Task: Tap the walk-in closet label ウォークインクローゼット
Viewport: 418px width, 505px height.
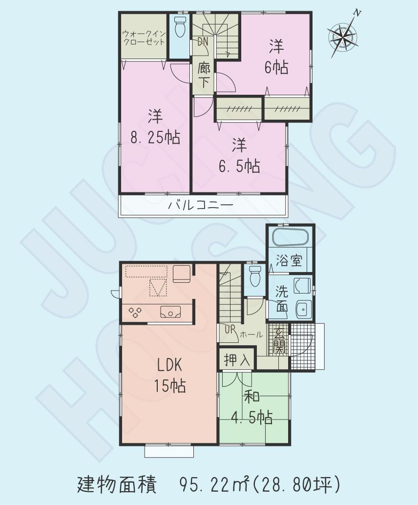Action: click(144, 38)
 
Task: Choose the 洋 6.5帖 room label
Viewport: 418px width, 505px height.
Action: click(238, 156)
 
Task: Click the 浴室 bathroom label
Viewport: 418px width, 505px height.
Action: click(290, 262)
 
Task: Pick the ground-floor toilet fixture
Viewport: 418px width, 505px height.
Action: click(255, 277)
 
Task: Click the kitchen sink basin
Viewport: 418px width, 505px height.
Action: click(170, 311)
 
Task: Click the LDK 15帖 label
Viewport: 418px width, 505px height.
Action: click(169, 375)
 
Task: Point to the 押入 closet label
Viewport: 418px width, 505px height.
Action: click(237, 361)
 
